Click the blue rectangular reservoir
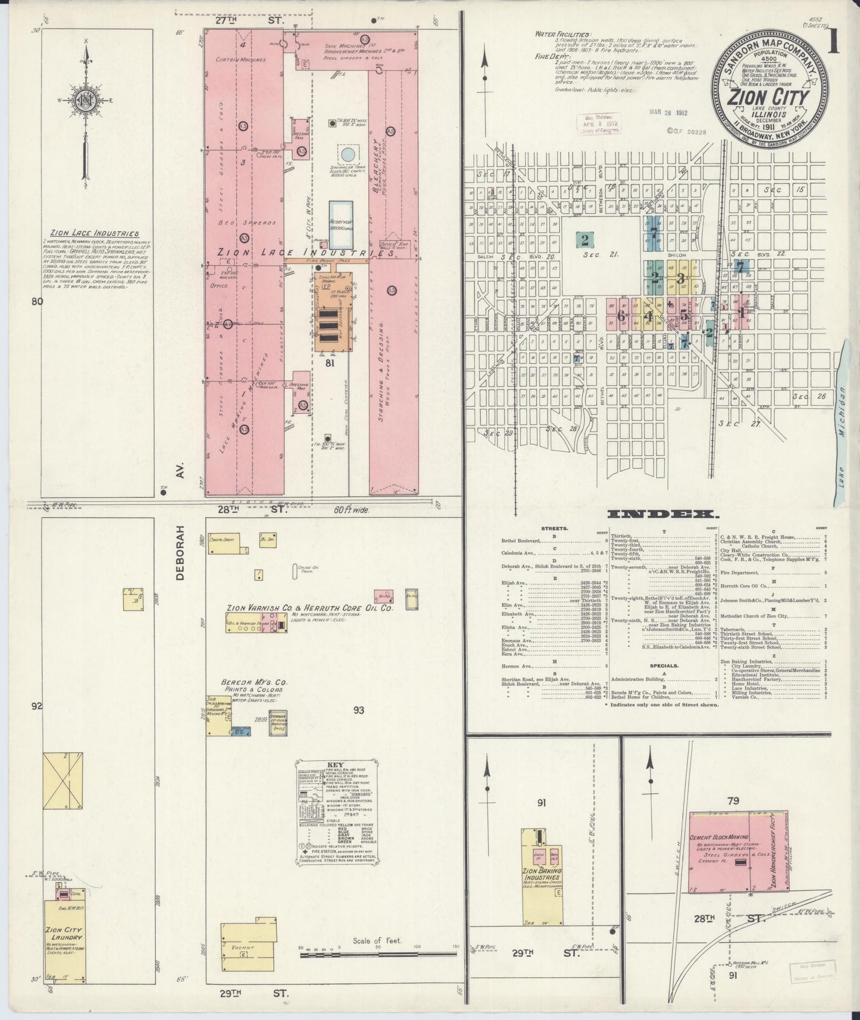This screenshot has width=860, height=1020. pos(341,224)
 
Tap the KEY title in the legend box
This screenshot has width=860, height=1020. pos(336,765)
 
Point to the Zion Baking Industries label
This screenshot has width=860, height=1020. pos(543,875)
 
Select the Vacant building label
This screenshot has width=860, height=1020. pos(243,947)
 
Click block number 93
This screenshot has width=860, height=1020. pos(358,710)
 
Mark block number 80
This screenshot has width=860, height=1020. pos(37,302)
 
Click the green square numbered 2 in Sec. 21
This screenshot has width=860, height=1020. pos(585,240)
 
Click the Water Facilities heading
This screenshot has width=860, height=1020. pos(562,35)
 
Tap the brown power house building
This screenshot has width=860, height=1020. pos(332,315)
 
